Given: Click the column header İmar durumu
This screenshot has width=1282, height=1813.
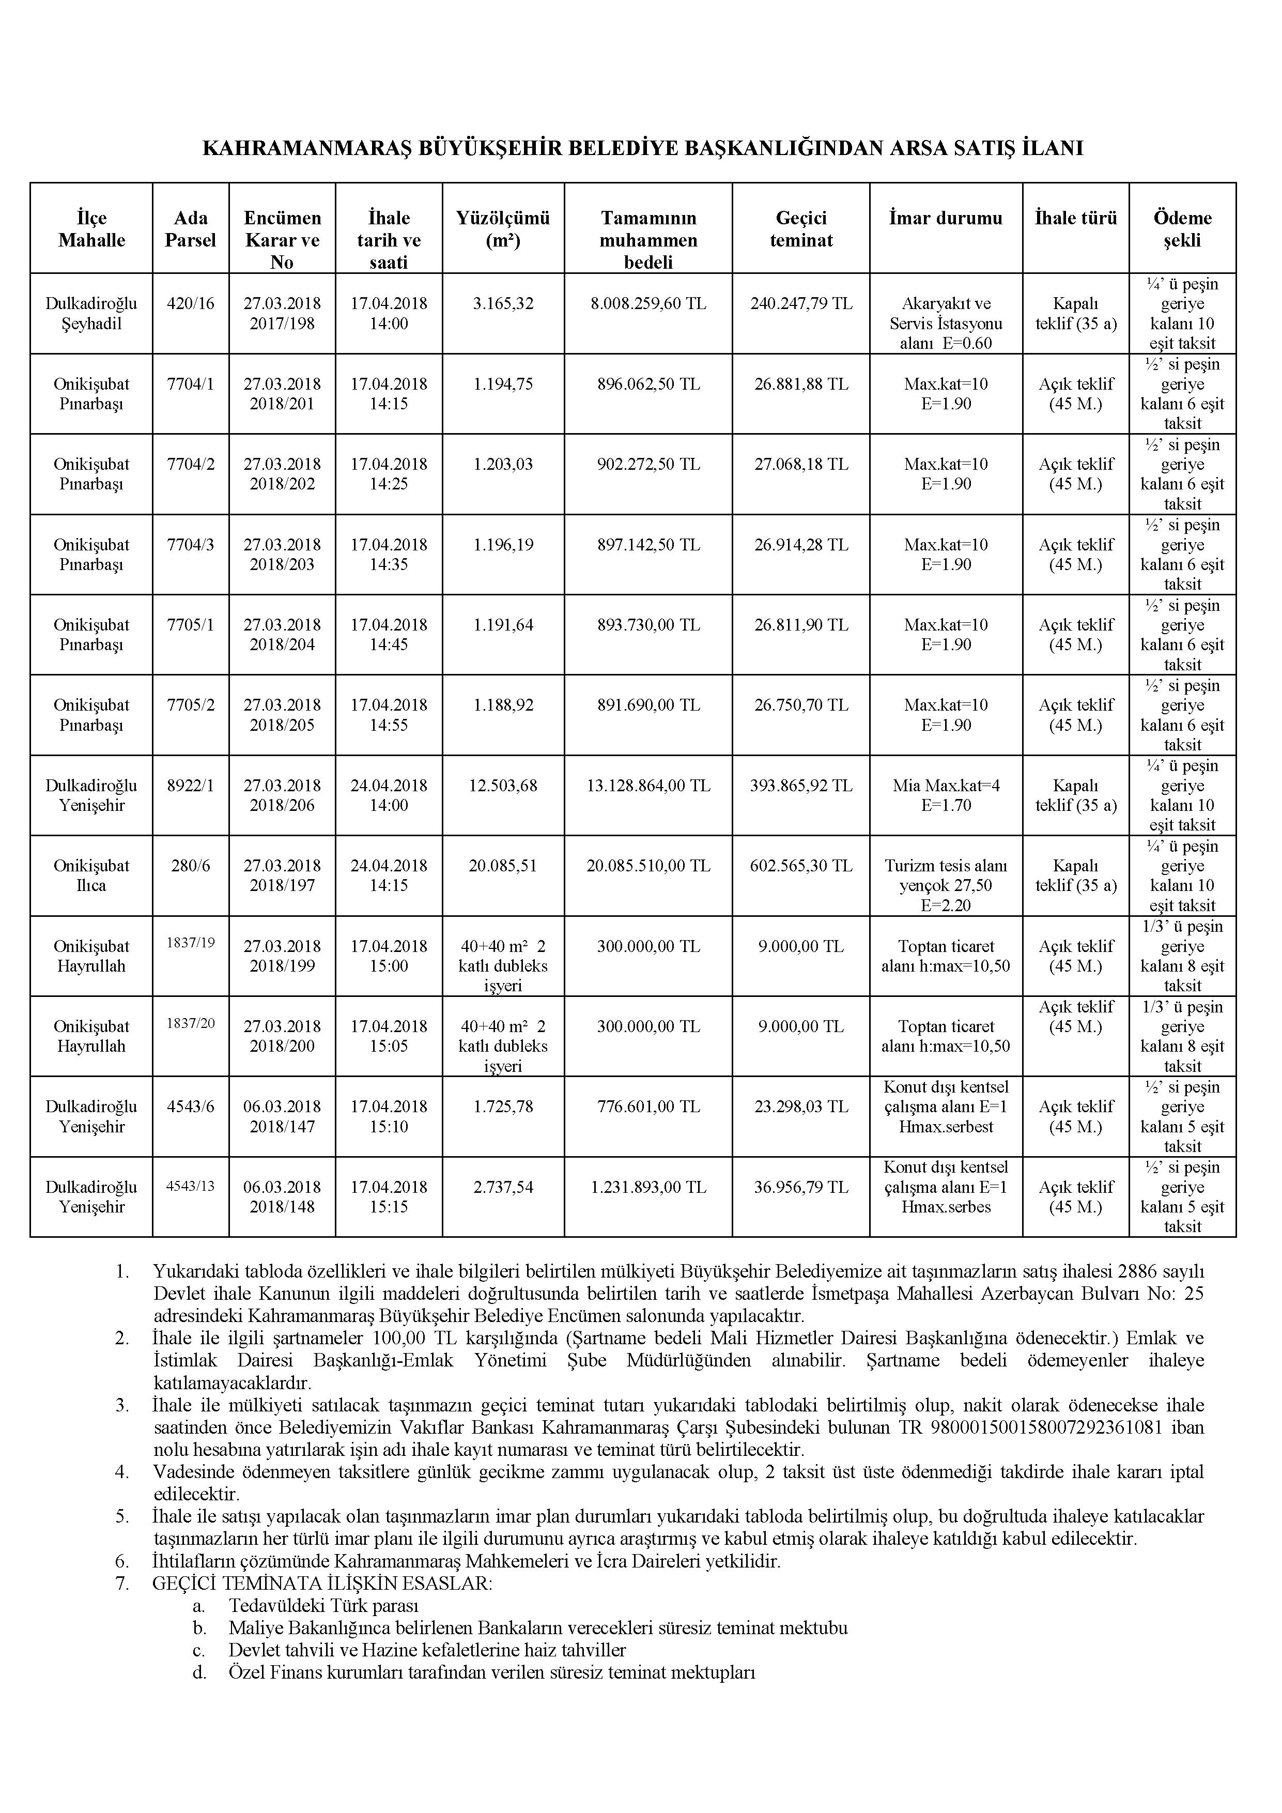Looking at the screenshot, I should [x=946, y=218].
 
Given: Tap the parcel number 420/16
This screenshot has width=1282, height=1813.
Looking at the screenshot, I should [x=190, y=303].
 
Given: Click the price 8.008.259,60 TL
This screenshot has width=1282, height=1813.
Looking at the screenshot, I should [x=648, y=303].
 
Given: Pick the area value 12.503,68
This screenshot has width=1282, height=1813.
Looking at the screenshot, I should [x=503, y=786].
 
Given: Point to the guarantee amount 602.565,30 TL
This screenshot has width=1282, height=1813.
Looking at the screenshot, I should [x=801, y=866].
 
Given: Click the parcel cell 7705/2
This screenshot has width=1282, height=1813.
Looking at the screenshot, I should [x=190, y=705].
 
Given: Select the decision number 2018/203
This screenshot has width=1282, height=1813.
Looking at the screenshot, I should [x=282, y=564].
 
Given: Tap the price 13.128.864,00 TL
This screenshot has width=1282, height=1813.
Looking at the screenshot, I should [x=648, y=786].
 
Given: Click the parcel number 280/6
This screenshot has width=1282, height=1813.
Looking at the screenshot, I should [x=190, y=866].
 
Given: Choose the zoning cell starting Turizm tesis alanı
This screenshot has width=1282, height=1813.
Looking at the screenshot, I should [x=946, y=885].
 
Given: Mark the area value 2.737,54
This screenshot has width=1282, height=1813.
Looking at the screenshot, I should [x=503, y=1187].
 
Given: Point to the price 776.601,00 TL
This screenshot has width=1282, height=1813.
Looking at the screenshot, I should [x=648, y=1107].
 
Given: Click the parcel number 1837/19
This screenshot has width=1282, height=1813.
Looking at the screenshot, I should [x=190, y=942].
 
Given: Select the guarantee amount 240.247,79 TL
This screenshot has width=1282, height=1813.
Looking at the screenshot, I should [x=801, y=303].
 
